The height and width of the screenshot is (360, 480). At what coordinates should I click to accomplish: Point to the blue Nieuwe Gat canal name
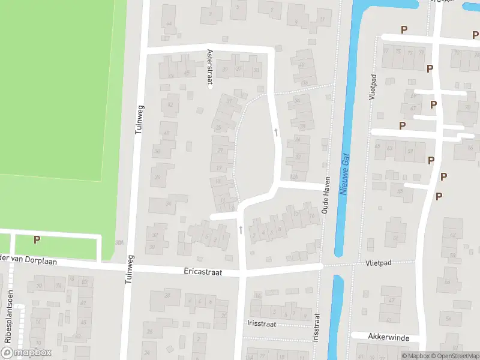(x=344, y=173)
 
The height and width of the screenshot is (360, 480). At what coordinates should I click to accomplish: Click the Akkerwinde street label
(x=389, y=338)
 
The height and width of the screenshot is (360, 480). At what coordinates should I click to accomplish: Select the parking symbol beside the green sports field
(x=37, y=239)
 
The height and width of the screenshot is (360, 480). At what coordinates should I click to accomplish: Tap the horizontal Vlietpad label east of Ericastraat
(x=378, y=263)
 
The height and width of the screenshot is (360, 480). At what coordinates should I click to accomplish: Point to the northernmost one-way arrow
(x=276, y=131)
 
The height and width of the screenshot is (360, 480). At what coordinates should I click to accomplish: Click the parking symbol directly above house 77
(x=404, y=29)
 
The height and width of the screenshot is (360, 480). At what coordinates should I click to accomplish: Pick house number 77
(x=386, y=52)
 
